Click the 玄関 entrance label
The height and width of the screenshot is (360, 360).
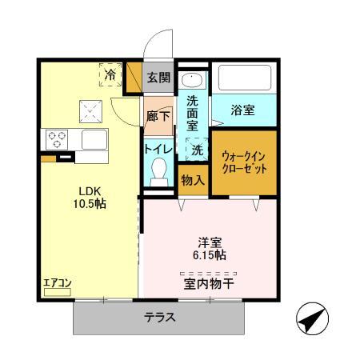pos(158,78)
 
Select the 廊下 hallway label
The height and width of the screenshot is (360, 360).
pos(158,117)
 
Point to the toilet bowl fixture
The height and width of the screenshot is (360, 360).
pos(158,170)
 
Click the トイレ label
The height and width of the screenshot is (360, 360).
pos(156,148)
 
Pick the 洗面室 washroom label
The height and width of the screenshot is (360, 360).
pos(193,112)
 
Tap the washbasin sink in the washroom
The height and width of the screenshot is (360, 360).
pos(193,80)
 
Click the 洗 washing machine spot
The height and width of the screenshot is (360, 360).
pos(196,149)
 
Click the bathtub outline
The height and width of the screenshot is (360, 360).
pos(245,78)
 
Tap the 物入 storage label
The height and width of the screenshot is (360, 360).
pos(193,180)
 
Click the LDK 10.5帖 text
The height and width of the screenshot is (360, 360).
pos(90,197)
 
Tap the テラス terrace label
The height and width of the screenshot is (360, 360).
pos(160,317)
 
